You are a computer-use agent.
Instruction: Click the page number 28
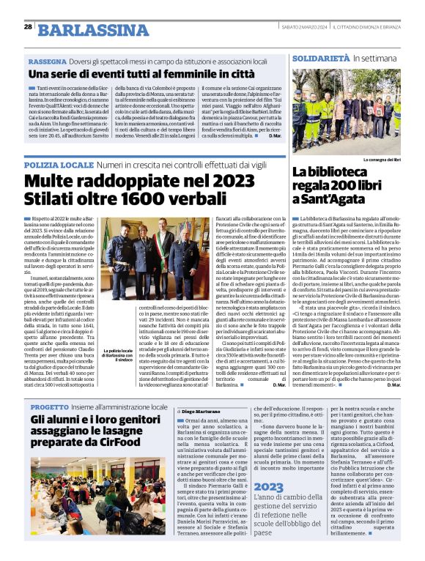27,26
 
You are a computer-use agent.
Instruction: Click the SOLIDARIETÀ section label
319,57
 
